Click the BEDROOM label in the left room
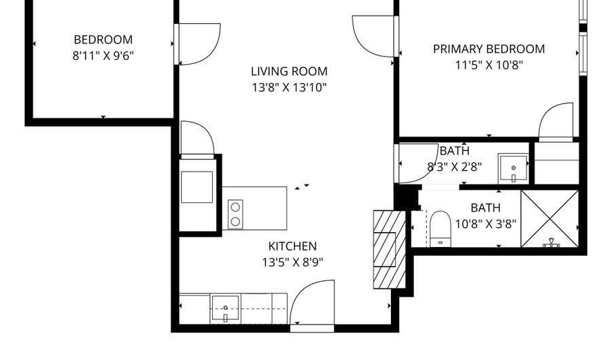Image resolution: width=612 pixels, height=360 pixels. coord(103,39)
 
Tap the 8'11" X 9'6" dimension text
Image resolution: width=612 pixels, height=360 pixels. coord(103,56)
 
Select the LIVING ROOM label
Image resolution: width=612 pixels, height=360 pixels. coord(289,71)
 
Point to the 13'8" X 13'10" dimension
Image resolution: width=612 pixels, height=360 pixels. coord(289,87)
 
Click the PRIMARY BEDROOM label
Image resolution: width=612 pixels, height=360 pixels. coord(489,49)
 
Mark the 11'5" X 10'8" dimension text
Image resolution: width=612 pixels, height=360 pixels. coord(489,65)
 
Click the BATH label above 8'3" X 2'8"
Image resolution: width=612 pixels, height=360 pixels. coord(454,151)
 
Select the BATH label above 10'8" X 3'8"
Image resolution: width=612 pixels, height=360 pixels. coord(486,208)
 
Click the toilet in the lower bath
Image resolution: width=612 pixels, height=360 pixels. coord(440,227)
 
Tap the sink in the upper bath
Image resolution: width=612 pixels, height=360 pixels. coord(513,168)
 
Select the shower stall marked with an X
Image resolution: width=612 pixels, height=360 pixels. coord(549,218)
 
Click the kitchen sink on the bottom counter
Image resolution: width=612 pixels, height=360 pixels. coord(226,308)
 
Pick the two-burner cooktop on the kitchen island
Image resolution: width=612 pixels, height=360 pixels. coord(235,213)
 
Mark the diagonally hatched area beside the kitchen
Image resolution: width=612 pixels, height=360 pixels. coord(389,248)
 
